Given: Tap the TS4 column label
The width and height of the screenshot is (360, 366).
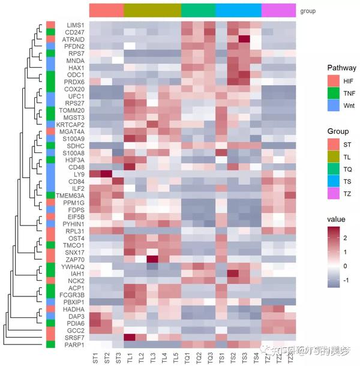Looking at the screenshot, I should [x=256, y=358].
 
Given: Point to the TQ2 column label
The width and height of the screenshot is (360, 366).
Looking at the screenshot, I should [x=199, y=358].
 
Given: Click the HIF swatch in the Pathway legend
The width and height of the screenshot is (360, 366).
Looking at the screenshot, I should [x=332, y=80].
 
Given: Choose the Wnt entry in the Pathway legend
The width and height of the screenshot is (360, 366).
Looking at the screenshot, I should [x=332, y=106].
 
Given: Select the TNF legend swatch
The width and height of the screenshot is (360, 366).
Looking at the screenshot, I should [x=332, y=93].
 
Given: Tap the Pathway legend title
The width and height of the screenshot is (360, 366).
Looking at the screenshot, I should [x=341, y=67].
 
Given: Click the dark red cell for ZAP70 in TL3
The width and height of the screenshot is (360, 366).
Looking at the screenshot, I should [x=152, y=259].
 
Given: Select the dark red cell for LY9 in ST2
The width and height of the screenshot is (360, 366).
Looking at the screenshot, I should [x=106, y=175].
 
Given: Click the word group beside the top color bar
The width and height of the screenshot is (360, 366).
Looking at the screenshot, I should [x=307, y=11].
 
